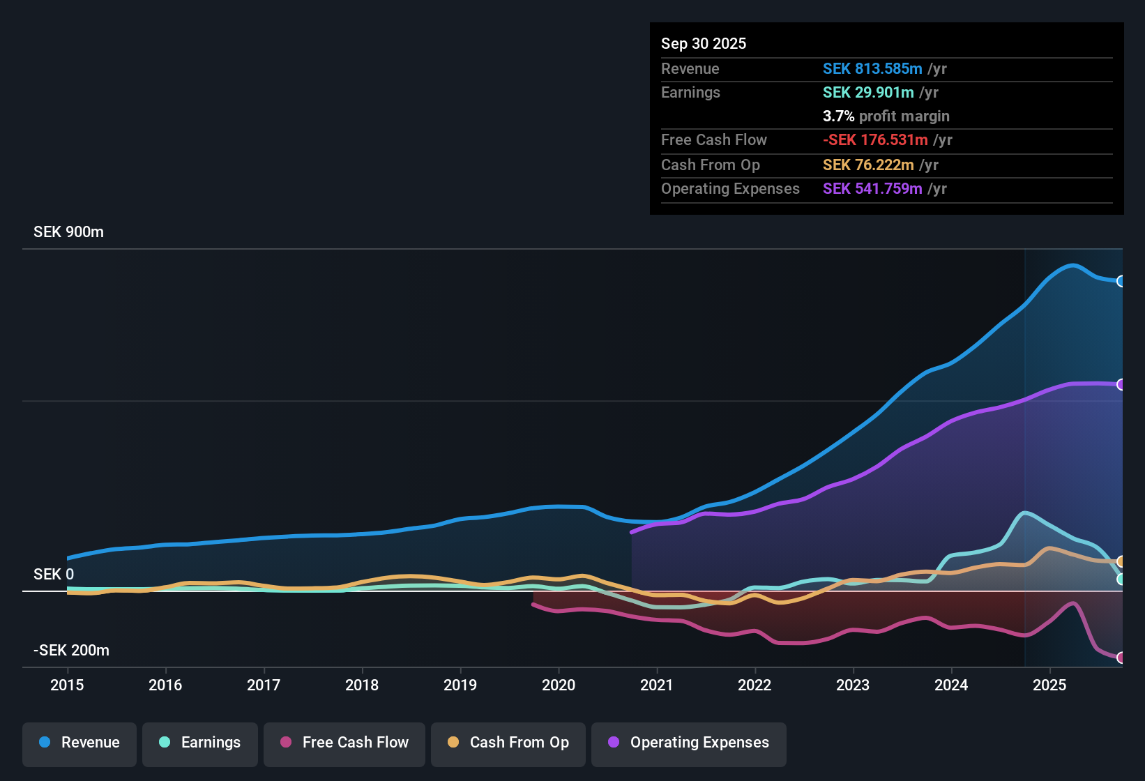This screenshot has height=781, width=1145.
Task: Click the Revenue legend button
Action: pos(79,743)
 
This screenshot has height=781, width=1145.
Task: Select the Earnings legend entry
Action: pos(200,743)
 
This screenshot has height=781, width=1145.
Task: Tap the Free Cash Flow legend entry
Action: pos(344,743)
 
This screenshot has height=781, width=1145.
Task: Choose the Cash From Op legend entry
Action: pos(508,743)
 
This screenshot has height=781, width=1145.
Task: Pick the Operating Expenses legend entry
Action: pos(689,743)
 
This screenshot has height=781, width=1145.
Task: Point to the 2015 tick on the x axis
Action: pos(67,685)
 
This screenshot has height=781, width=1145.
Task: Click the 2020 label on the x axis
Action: pos(559,685)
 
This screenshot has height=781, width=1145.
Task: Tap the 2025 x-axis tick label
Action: pos(1049,685)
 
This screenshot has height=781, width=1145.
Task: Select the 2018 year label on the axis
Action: pos(362,685)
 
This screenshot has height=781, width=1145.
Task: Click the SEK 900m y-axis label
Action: pos(68,232)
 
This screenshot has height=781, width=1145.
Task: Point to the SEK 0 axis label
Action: pos(54,575)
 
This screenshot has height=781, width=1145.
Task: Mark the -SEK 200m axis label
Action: pos(71,651)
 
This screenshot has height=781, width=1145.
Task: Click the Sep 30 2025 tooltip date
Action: pos(704,43)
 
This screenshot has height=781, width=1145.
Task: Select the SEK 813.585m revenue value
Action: pos(872,68)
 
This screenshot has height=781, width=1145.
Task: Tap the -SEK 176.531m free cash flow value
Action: pos(875,139)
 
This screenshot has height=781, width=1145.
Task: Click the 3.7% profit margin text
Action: pos(886,116)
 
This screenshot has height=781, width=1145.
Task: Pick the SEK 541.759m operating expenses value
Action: pos(872,188)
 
